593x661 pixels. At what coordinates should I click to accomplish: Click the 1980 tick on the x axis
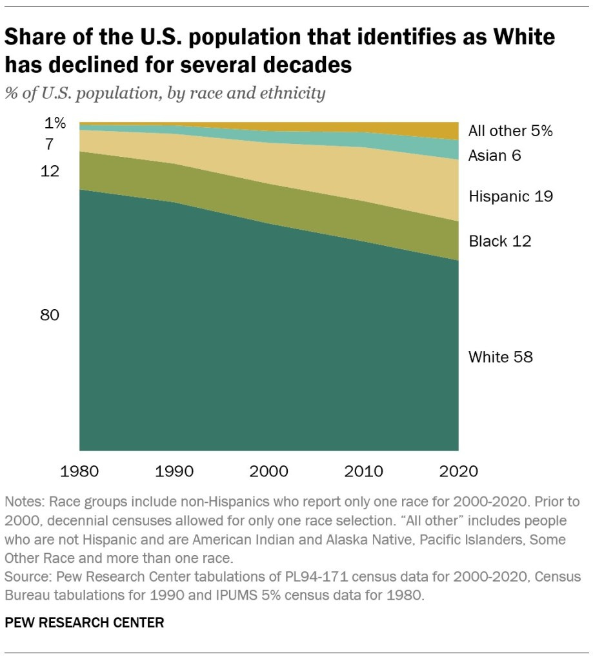coord(79,471)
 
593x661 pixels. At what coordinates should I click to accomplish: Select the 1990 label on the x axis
coord(174,471)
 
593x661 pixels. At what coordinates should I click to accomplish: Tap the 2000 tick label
coord(269,471)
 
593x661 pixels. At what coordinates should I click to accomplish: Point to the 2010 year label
coord(364,471)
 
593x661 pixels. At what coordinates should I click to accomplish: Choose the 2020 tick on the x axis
coord(457,471)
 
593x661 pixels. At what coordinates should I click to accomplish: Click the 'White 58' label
coord(500,356)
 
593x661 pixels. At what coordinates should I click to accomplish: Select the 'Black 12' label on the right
coord(499,241)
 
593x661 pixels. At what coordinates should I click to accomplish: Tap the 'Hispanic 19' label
coord(510,196)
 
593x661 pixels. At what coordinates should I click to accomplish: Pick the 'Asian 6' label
coord(494,156)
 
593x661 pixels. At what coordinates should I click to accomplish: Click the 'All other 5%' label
coord(510,131)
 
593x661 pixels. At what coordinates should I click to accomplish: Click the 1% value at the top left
coord(55,123)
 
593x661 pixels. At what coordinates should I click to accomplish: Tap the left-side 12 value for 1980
coord(50,171)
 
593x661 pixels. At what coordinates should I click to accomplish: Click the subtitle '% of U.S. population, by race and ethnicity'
coord(165,94)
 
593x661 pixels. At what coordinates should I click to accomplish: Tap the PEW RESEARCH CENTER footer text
coord(84,623)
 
